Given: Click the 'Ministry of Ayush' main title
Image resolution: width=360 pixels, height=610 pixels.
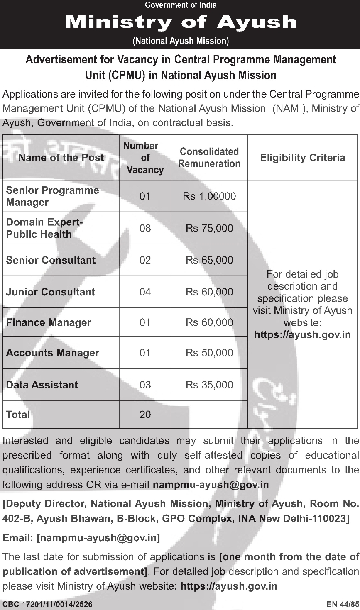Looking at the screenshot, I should (x=181, y=22).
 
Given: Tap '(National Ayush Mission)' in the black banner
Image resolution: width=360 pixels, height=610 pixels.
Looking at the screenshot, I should (x=181, y=41).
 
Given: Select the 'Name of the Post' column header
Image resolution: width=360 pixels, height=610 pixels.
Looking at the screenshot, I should (x=61, y=158).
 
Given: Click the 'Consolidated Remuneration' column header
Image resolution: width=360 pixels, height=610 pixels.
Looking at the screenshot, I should (x=209, y=158).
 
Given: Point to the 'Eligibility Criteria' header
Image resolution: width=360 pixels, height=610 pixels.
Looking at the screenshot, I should (x=302, y=158).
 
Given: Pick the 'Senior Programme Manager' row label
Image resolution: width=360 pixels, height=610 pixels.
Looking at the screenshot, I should (x=52, y=196).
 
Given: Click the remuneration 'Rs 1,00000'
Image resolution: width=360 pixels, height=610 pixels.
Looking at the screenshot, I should (x=209, y=196).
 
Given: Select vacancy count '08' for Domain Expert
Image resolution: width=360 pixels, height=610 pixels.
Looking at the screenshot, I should (x=145, y=228).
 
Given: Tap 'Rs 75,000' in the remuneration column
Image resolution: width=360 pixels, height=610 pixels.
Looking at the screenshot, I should (x=209, y=228).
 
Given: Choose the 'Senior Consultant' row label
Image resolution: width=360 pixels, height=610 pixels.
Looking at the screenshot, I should (x=51, y=260).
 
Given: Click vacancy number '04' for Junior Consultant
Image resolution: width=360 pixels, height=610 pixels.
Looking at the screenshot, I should (x=145, y=292).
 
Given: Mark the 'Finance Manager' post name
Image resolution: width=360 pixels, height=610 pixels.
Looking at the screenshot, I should (x=49, y=322).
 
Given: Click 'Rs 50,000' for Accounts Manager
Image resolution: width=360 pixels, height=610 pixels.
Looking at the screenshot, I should (x=209, y=353).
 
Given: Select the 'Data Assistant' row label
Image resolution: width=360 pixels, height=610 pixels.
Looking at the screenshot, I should (x=42, y=385).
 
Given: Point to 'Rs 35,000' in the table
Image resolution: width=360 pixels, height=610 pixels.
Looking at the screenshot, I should (x=209, y=385).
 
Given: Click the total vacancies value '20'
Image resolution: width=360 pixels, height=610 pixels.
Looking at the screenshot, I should (x=145, y=415).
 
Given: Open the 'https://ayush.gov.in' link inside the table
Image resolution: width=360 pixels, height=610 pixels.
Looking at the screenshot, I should (x=302, y=334).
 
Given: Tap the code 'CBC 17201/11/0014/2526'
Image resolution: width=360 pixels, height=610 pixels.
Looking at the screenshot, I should (x=47, y=605).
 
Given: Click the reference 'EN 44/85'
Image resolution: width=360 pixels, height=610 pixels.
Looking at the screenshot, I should (x=342, y=605).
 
